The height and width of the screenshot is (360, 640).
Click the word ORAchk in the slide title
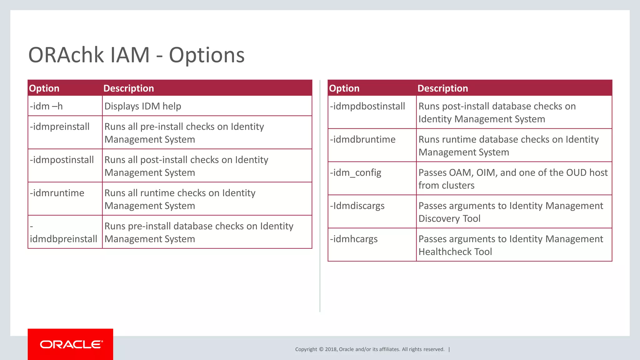(x=66, y=55)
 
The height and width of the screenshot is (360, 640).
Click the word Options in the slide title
(x=207, y=55)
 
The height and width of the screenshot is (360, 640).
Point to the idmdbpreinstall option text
(x=63, y=239)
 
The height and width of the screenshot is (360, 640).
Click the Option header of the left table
(x=44, y=88)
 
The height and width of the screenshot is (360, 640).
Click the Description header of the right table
(x=442, y=88)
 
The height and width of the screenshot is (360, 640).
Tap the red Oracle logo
(x=71, y=344)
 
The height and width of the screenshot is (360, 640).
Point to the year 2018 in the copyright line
(x=331, y=349)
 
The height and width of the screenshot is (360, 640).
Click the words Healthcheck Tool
(x=455, y=252)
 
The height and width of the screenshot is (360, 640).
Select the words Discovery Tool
(x=449, y=218)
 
